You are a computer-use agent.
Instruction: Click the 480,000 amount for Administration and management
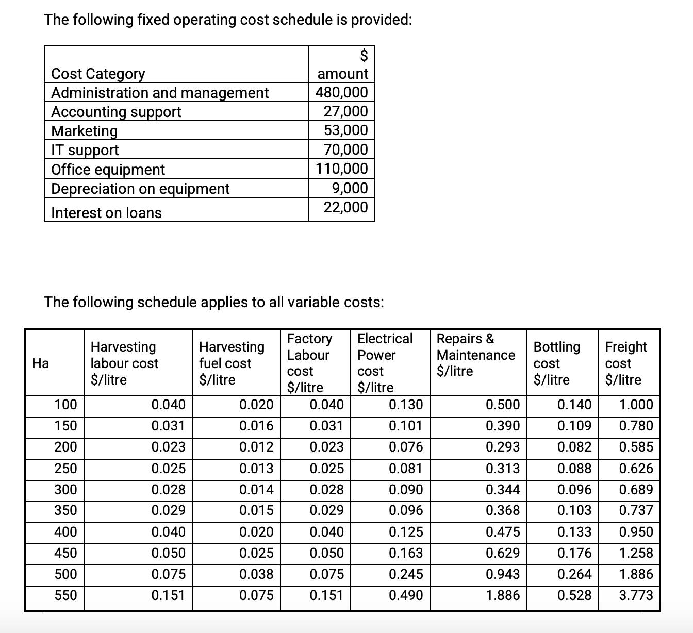[342, 93]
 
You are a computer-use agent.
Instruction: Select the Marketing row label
[85, 131]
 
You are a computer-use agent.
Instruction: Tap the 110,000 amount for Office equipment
[342, 169]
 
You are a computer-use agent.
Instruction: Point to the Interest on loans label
[106, 213]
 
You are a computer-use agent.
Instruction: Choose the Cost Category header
[98, 74]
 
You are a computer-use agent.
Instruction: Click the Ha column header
[40, 363]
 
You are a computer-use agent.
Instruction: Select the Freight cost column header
[625, 363]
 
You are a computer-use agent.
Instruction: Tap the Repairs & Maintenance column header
[475, 355]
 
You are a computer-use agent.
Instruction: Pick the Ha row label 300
[65, 489]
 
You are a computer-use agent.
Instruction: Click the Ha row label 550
[65, 595]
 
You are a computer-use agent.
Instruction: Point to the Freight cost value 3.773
[636, 595]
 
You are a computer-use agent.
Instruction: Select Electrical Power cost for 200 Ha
[406, 447]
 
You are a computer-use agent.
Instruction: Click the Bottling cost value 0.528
[574, 595]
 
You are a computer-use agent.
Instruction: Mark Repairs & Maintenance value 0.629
[503, 553]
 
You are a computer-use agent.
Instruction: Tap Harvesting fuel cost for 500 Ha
[256, 574]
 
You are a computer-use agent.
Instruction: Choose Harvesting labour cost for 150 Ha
[168, 426]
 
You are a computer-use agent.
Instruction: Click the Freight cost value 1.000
[636, 405]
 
